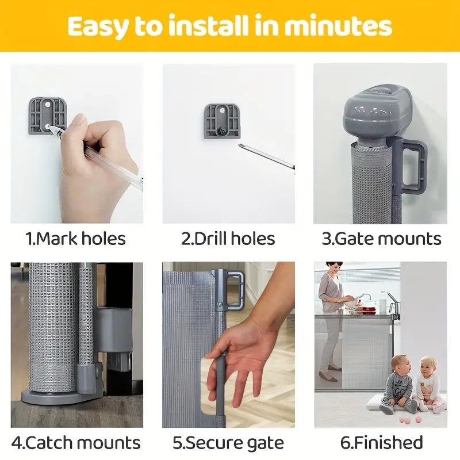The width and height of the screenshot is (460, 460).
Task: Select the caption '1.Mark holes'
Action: point(76,239)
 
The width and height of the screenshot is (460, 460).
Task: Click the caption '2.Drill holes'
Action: point(228,239)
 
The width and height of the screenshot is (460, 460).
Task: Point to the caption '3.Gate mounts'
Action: point(381,239)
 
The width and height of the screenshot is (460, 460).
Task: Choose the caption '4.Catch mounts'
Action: point(76,443)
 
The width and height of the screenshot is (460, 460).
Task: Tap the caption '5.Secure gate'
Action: point(228,443)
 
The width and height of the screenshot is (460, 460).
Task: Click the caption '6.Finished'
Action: point(381,443)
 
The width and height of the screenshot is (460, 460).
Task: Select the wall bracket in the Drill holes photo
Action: point(222,121)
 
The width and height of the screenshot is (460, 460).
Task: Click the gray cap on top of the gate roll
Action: point(377,112)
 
